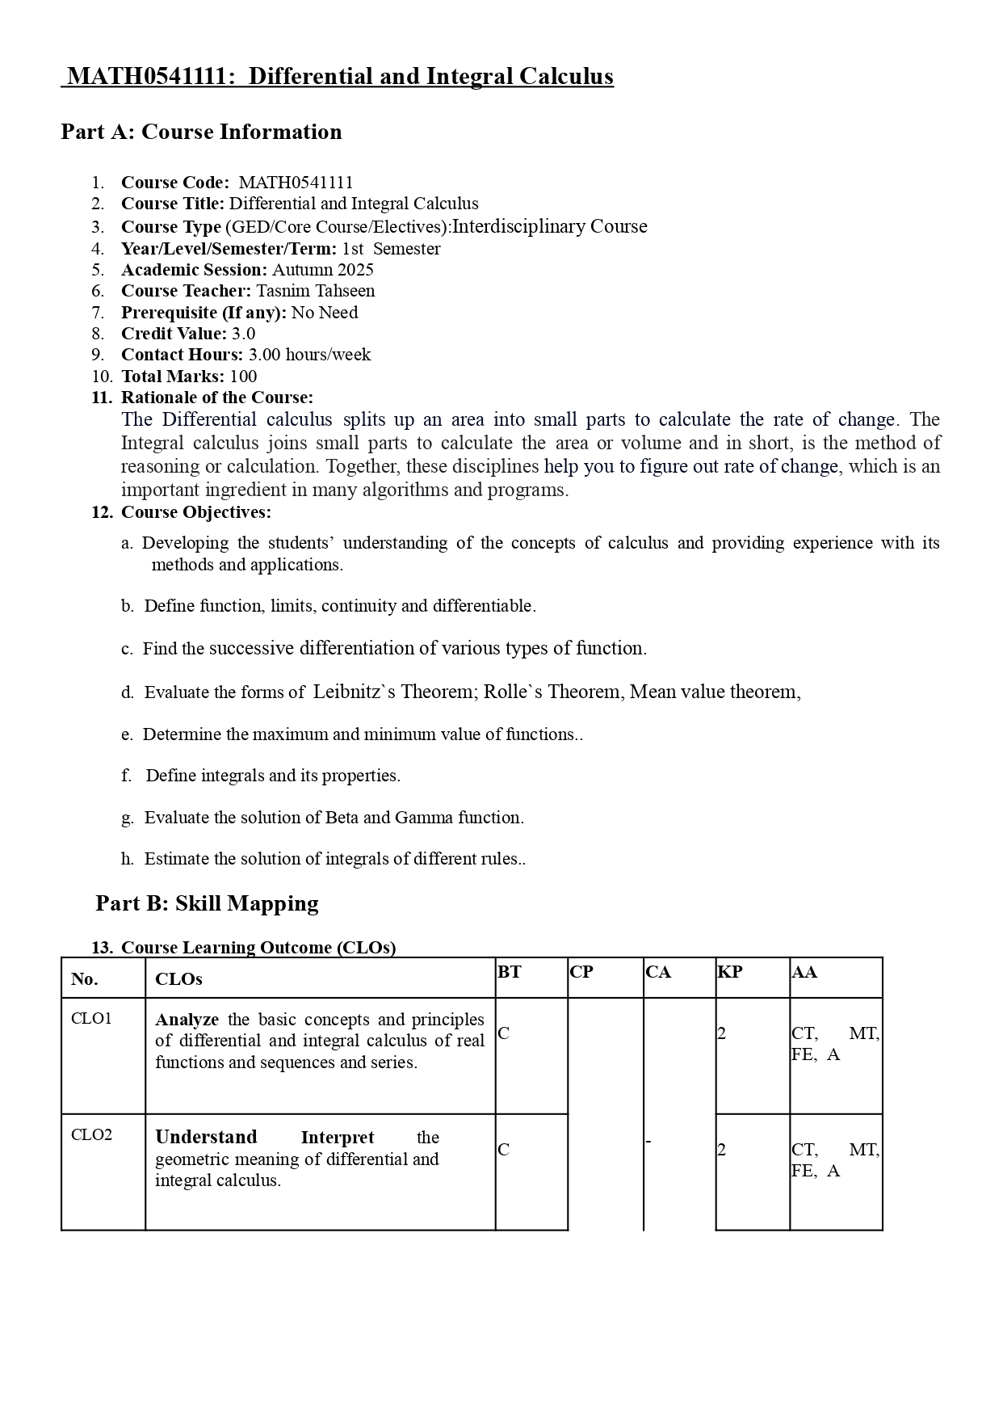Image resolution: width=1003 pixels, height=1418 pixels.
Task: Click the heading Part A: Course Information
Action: pos(201,132)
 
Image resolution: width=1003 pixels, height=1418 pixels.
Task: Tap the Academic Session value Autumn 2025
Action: pos(322,270)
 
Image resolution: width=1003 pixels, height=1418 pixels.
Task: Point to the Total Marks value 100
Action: pos(243,377)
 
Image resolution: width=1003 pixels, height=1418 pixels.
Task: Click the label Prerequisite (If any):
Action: pos(204,313)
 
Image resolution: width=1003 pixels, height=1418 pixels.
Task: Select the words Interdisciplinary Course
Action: pos(549,226)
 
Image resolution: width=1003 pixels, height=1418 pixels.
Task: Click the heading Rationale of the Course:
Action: pos(216,398)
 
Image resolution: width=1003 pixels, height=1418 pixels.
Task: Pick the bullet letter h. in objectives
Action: pos(128,859)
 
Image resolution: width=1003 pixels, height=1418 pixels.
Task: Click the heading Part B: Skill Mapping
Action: pos(207,903)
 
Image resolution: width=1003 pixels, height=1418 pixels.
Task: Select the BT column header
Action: pos(509,972)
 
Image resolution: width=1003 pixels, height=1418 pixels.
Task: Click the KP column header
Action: pos(729,972)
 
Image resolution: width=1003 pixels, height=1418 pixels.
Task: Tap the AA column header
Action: pos(804,972)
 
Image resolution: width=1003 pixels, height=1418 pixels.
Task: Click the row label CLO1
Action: pos(91,1018)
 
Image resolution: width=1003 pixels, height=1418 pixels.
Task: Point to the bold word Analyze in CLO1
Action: pos(187,1020)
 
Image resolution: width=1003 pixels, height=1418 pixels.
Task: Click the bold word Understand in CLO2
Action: pos(206,1138)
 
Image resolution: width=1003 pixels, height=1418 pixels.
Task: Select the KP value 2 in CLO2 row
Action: pos(722,1150)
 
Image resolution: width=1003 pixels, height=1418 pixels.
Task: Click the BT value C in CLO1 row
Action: pos(504,1033)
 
